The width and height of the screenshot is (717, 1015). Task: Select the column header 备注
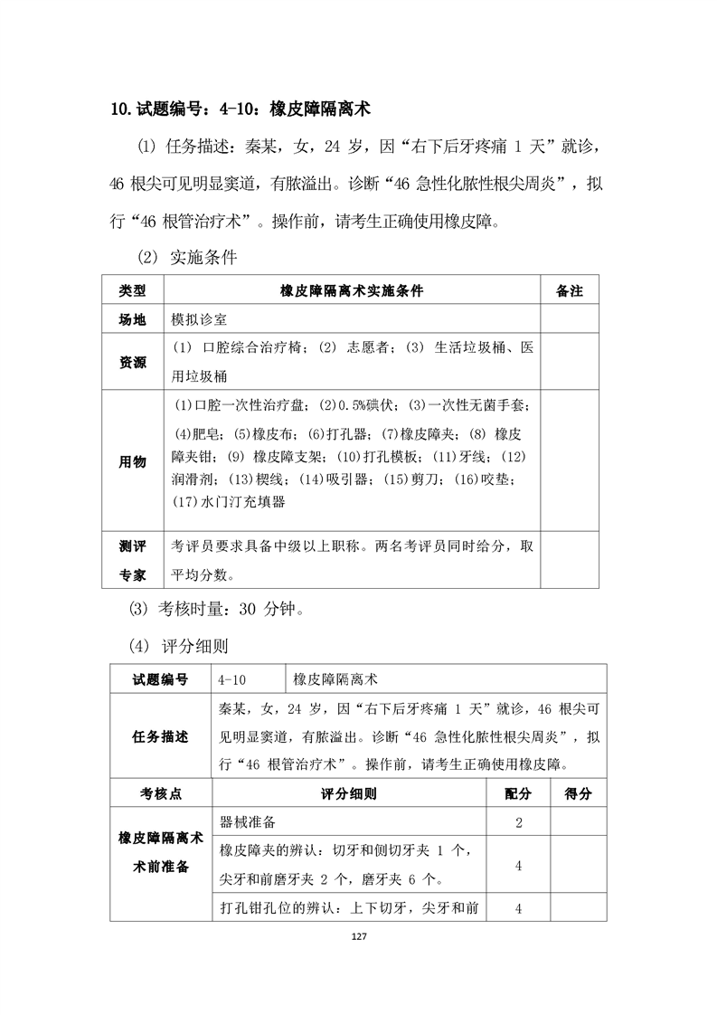click(570, 291)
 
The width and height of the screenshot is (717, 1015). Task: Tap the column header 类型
click(132, 291)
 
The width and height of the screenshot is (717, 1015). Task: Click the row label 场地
click(132, 320)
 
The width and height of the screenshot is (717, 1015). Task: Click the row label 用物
click(132, 461)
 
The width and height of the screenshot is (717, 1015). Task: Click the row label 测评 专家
click(132, 560)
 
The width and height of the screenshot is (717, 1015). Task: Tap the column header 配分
click(518, 793)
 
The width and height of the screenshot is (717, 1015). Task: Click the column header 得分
click(578, 793)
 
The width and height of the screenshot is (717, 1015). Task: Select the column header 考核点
click(160, 793)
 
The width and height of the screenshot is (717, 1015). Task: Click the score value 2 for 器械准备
click(518, 822)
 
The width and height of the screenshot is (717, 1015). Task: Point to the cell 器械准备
click(247, 822)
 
